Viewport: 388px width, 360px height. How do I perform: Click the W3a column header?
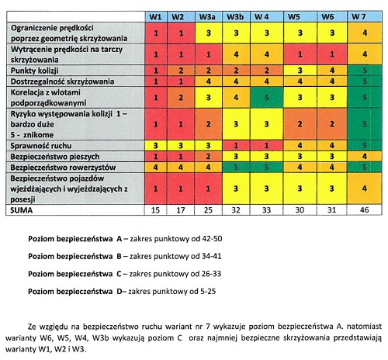pos(207,17)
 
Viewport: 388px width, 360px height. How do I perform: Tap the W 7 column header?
pos(359,17)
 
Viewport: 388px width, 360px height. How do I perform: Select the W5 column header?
pos(294,17)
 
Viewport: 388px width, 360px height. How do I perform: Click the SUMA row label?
pos(22,210)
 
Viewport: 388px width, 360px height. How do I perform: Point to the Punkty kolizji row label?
pos(35,71)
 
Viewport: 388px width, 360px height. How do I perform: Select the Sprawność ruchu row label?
pos(41,146)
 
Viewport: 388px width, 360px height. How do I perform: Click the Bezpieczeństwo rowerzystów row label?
pos(63,168)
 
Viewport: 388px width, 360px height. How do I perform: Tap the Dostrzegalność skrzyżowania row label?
pos(62,81)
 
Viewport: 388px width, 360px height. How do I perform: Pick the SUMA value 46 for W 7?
pos(364,209)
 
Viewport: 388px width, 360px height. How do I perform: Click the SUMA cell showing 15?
pos(155,209)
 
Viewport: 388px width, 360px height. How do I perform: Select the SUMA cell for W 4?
pos(266,209)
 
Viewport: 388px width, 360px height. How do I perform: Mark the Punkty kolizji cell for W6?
pos(332,71)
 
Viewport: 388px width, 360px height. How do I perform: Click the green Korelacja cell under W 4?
pos(267,98)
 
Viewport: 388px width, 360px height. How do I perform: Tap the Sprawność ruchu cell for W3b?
pos(236,146)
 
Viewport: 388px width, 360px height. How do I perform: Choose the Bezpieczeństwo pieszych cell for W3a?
pos(208,157)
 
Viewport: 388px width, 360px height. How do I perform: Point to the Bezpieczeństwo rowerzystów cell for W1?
pos(155,168)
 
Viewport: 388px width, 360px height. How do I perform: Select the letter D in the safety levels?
pos(120,292)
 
